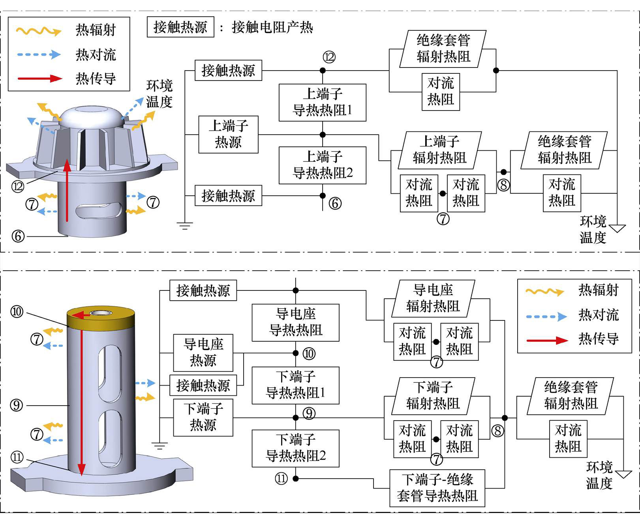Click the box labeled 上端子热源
[x=228, y=135]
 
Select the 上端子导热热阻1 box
[x=322, y=103]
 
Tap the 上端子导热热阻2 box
[x=322, y=165]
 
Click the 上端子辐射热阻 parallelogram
[x=439, y=150]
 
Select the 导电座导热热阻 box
[x=295, y=322]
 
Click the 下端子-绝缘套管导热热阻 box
[x=437, y=488]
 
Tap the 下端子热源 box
[x=203, y=418]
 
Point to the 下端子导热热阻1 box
[x=295, y=386]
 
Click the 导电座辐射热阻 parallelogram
[x=433, y=299]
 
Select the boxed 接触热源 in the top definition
[x=180, y=27]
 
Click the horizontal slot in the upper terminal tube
[x=99, y=210]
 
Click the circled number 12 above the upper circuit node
[x=329, y=57]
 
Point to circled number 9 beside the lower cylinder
[x=17, y=405]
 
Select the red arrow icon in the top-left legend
[x=39, y=78]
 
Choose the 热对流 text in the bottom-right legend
[x=598, y=315]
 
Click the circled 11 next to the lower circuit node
[x=281, y=479]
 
